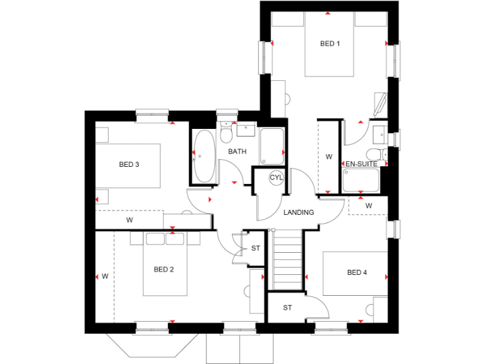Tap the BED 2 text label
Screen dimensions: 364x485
164,269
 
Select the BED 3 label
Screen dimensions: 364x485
129,164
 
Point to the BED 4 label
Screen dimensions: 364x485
356,272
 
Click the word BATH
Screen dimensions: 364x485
237,152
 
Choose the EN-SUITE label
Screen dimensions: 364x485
361,164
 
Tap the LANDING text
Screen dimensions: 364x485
299,212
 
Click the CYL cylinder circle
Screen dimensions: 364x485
277,178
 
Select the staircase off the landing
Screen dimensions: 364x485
288,259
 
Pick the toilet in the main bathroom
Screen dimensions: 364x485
227,135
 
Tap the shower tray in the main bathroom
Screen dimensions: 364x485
272,146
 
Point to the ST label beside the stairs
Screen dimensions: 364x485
255,248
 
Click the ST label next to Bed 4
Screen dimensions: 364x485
287,308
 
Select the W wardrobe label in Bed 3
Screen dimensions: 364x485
129,221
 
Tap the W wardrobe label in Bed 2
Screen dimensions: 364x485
105,276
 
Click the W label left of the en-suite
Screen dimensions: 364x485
328,156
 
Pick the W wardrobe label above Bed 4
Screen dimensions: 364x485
368,205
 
